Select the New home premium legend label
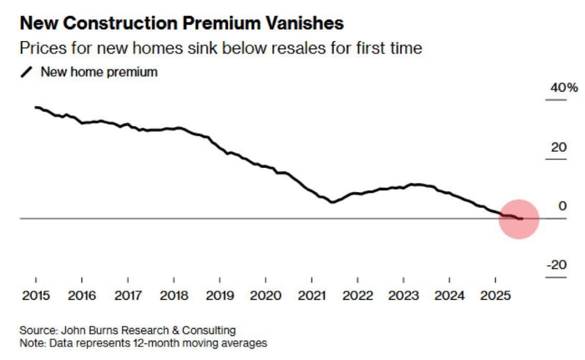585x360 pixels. coord(99,72)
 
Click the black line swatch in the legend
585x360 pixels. coord(26,72)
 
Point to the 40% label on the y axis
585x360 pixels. coord(563,88)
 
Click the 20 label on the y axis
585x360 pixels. coord(559,147)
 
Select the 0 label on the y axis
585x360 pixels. coord(563,206)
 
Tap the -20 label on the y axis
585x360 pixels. coord(556,265)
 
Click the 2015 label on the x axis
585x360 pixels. coord(36,295)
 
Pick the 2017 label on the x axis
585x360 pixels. coord(128,295)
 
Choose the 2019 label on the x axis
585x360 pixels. coord(220,295)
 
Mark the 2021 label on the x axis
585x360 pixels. coord(312,295)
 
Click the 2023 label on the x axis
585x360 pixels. coord(403,295)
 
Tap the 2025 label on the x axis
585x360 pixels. coord(495,295)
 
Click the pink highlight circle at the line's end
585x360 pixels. coord(519,219)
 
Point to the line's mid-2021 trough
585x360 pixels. coord(332,202)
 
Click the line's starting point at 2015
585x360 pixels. coord(35,107)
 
